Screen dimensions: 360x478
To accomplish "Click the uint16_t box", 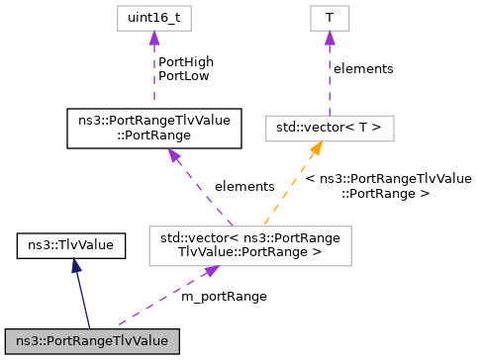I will pos(153,18).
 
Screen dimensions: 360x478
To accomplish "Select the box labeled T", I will pos(330,18).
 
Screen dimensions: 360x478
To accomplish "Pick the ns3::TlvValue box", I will pos(71,243).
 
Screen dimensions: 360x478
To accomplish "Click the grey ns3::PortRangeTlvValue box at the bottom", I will pos(91,340).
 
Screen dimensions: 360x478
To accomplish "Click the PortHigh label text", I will pos(184,61).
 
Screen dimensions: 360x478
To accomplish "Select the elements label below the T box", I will pos(363,69).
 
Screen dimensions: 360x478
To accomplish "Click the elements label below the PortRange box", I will pos(243,185).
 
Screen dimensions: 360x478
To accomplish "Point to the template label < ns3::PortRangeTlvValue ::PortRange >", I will pos(388,185).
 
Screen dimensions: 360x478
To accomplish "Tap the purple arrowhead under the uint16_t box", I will pos(153,38).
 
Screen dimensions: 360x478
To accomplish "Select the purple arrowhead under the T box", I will pos(330,38).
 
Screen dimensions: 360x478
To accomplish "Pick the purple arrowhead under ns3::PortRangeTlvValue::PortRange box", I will pos(172,154).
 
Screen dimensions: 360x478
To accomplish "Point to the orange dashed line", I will pos(292,187).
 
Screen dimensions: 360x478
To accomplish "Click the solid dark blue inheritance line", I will pos(83,297).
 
